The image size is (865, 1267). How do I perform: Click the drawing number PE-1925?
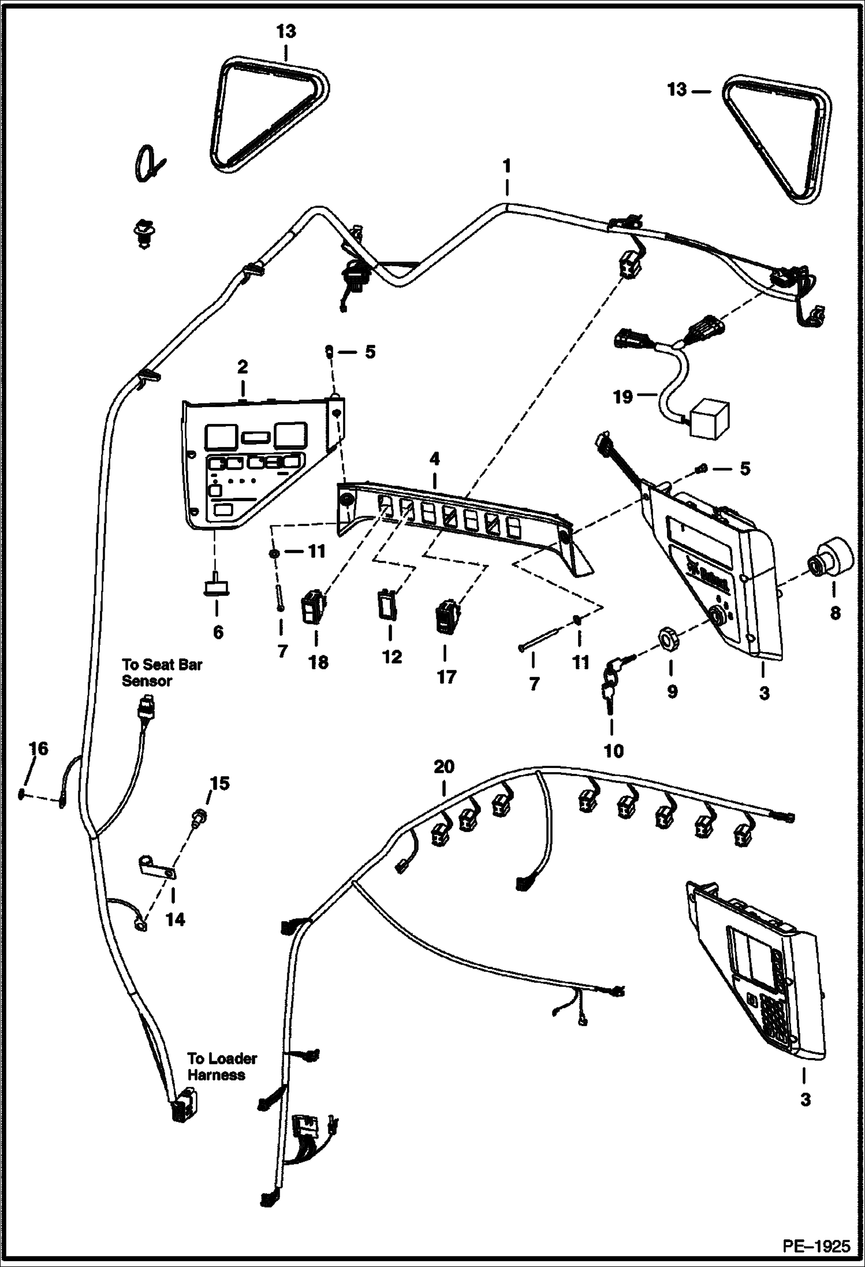815,1245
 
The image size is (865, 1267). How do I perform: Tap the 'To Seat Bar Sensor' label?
161,672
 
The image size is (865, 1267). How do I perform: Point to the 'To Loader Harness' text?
222,1067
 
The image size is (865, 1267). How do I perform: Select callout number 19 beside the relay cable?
622,397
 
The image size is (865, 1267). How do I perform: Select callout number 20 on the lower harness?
444,767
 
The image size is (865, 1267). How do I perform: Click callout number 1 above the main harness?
506,166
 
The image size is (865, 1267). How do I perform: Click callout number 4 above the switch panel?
434,459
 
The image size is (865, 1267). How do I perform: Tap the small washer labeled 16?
22,795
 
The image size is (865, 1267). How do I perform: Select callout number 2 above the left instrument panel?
242,366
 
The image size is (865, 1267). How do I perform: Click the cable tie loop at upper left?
146,166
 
